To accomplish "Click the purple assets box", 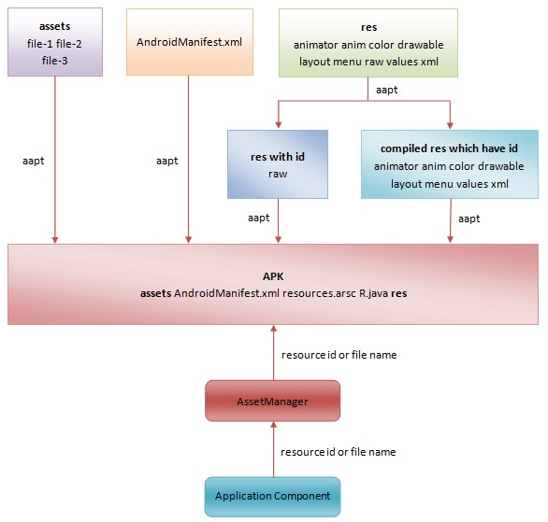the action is tap(55, 42).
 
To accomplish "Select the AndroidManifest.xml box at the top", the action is tap(190, 42).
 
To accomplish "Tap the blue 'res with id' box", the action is tap(278, 164).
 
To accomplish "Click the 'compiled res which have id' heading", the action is tap(449, 148).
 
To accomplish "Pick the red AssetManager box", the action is tap(273, 401).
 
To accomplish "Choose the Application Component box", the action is tap(273, 497).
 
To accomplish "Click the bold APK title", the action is tap(273, 276).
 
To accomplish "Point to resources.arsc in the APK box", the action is tap(320, 293).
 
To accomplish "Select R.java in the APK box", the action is tap(374, 293).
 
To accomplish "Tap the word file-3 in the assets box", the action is tap(55, 61).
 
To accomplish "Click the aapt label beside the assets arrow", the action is tap(34, 161).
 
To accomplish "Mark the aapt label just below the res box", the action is tap(387, 90).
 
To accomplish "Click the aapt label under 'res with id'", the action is tap(259, 219).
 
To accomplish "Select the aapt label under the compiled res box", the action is tap(469, 219).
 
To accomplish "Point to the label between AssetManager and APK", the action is tap(339, 355).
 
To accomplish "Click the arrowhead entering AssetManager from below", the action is tap(274, 424).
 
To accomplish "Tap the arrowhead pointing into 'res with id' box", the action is tap(278, 125).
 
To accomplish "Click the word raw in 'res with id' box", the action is tap(278, 174).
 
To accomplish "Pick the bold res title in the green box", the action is tap(368, 27).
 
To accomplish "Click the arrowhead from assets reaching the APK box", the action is tap(55, 240).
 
